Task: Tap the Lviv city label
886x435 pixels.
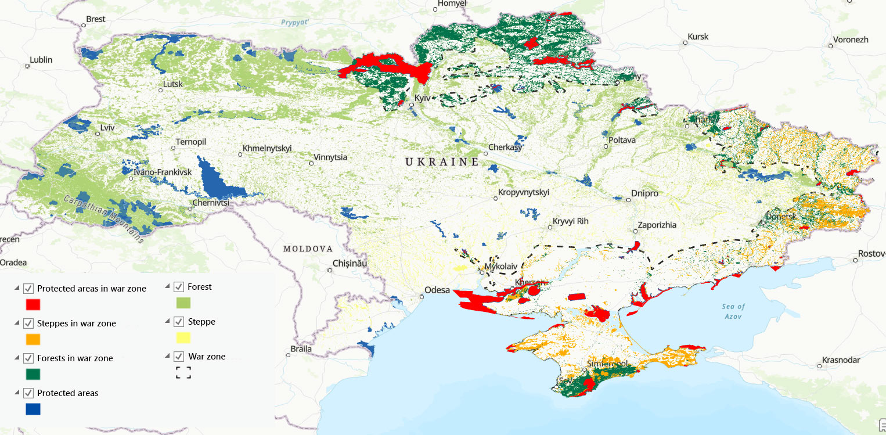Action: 107,127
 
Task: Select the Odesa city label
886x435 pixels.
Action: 437,290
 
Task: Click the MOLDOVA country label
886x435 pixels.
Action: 308,249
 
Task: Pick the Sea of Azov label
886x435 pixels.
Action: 734,311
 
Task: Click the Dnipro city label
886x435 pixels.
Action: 645,193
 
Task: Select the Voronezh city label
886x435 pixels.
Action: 851,40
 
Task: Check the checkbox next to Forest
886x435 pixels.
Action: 178,287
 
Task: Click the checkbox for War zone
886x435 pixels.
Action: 178,357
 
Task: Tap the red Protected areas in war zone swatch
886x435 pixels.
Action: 33,304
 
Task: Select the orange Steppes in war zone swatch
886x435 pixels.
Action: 33,339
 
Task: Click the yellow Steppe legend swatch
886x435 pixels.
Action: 183,337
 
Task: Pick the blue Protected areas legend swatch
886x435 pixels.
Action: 33,409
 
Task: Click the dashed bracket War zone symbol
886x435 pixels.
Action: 183,372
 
